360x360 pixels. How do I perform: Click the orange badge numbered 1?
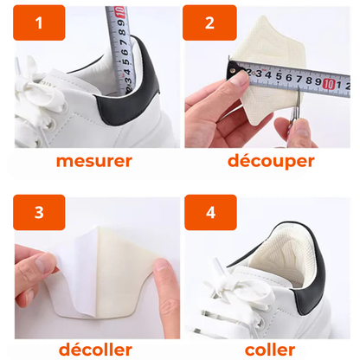[39, 22]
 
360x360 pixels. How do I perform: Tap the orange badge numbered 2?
[209, 22]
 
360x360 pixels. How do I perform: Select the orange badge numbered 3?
[39, 212]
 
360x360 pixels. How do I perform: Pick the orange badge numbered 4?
[210, 212]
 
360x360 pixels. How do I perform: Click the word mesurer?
[94, 161]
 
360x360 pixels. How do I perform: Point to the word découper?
[271, 161]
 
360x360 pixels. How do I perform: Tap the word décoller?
[95, 350]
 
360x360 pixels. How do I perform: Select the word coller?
[270, 350]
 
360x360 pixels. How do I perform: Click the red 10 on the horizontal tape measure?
[328, 84]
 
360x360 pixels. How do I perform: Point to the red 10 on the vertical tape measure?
[120, 12]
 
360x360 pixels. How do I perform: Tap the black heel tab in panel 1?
[127, 87]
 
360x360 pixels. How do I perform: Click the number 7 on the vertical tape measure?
[124, 42]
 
